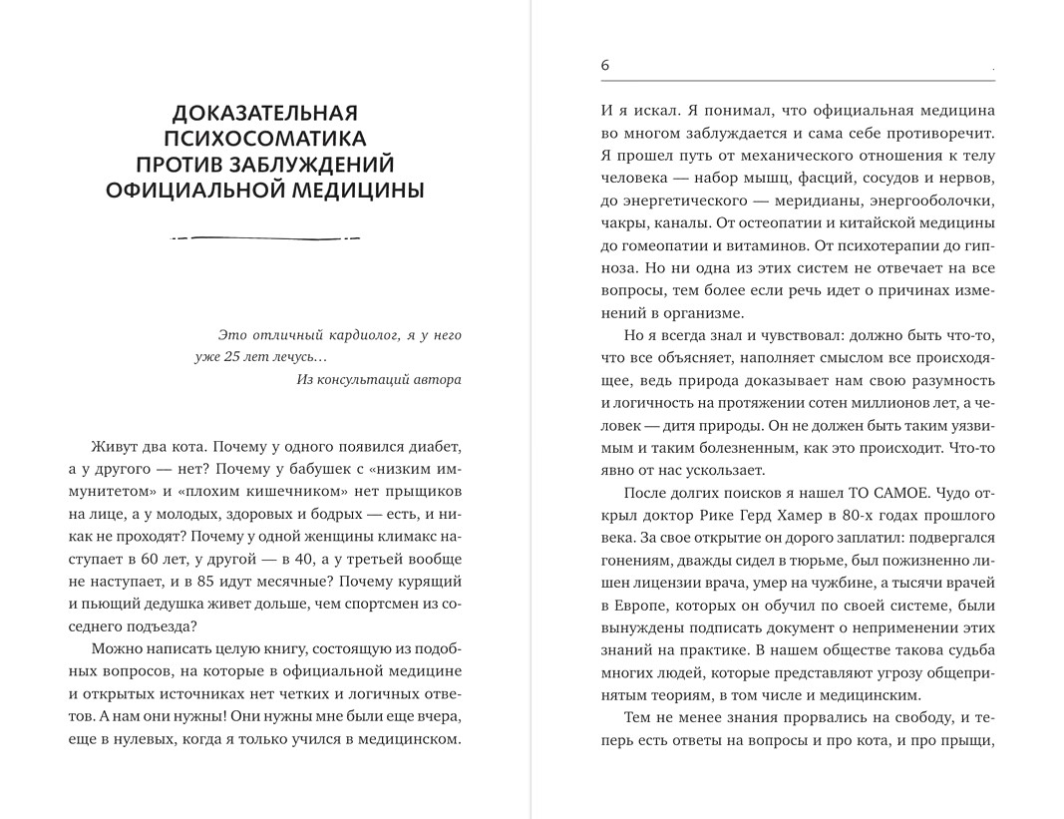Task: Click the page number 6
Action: [605, 66]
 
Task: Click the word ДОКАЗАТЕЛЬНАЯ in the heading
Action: [265, 112]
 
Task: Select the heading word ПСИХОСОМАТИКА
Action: [265, 138]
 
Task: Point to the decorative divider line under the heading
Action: [265, 237]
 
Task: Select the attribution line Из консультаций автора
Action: [379, 379]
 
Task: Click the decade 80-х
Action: [887, 515]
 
